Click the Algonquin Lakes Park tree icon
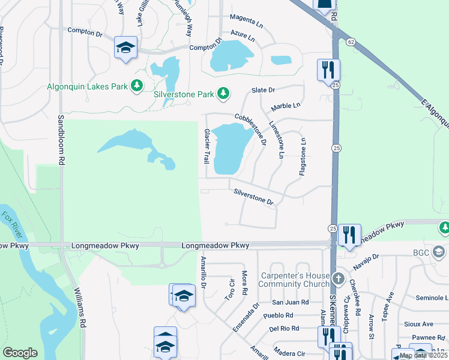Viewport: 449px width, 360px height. click(x=137, y=86)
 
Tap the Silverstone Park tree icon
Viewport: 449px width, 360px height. click(x=223, y=94)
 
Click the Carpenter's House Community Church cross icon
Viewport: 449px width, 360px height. click(x=339, y=279)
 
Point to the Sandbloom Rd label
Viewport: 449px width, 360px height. click(x=61, y=140)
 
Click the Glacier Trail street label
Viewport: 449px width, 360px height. click(x=206, y=146)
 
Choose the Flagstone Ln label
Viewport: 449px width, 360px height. click(x=303, y=157)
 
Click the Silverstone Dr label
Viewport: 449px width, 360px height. click(x=253, y=198)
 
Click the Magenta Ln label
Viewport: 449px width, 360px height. click(x=247, y=20)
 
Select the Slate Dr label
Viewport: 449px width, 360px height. click(x=263, y=90)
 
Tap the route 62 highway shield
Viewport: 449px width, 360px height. click(x=349, y=41)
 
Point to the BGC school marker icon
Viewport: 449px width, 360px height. click(x=438, y=252)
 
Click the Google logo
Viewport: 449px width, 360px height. click(x=20, y=353)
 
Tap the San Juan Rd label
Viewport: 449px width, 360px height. click(x=290, y=302)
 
